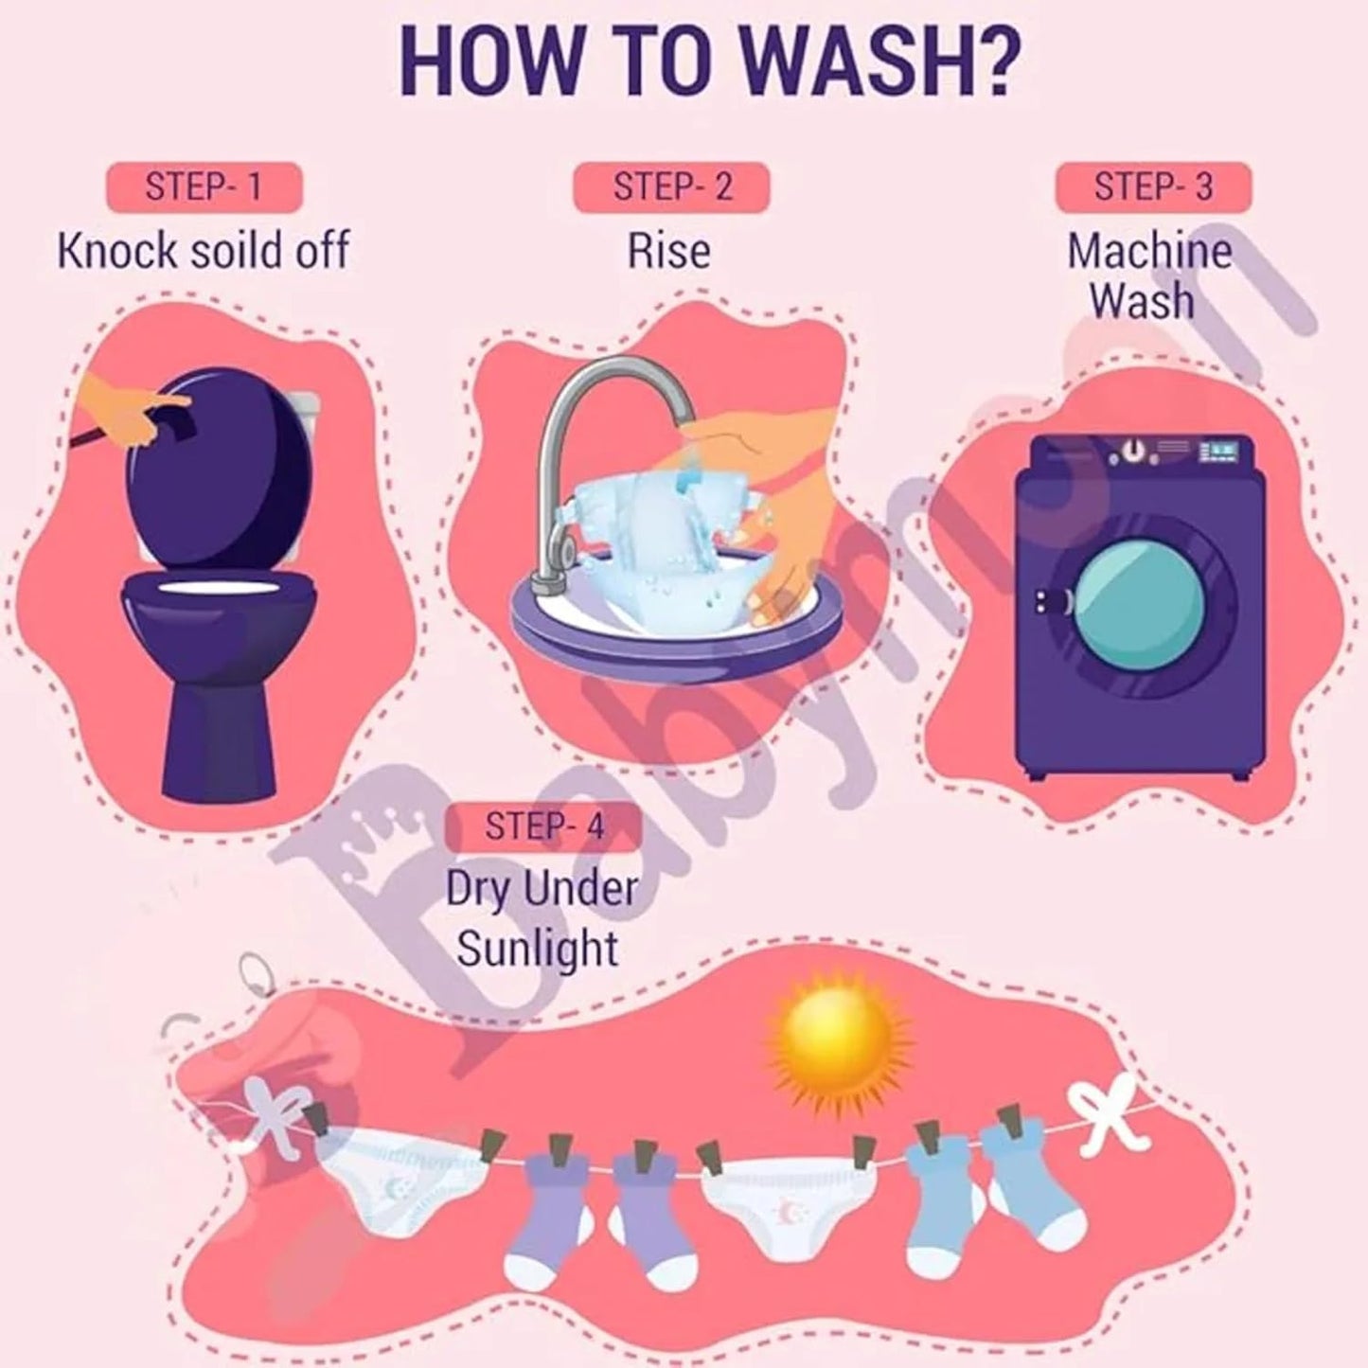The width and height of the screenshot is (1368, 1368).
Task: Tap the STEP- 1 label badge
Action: click(x=204, y=187)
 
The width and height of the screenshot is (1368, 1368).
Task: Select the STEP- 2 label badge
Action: click(x=672, y=187)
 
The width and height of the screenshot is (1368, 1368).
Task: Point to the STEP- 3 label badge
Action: click(x=1153, y=187)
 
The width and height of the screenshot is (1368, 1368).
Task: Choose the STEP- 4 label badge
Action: click(x=543, y=826)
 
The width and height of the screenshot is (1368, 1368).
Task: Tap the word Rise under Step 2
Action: click(x=669, y=251)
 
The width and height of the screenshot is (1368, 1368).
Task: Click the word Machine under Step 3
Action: click(x=1149, y=251)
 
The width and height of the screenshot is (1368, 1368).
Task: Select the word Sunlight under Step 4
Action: click(x=538, y=949)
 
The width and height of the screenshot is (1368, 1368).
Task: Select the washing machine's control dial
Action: click(x=1129, y=453)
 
